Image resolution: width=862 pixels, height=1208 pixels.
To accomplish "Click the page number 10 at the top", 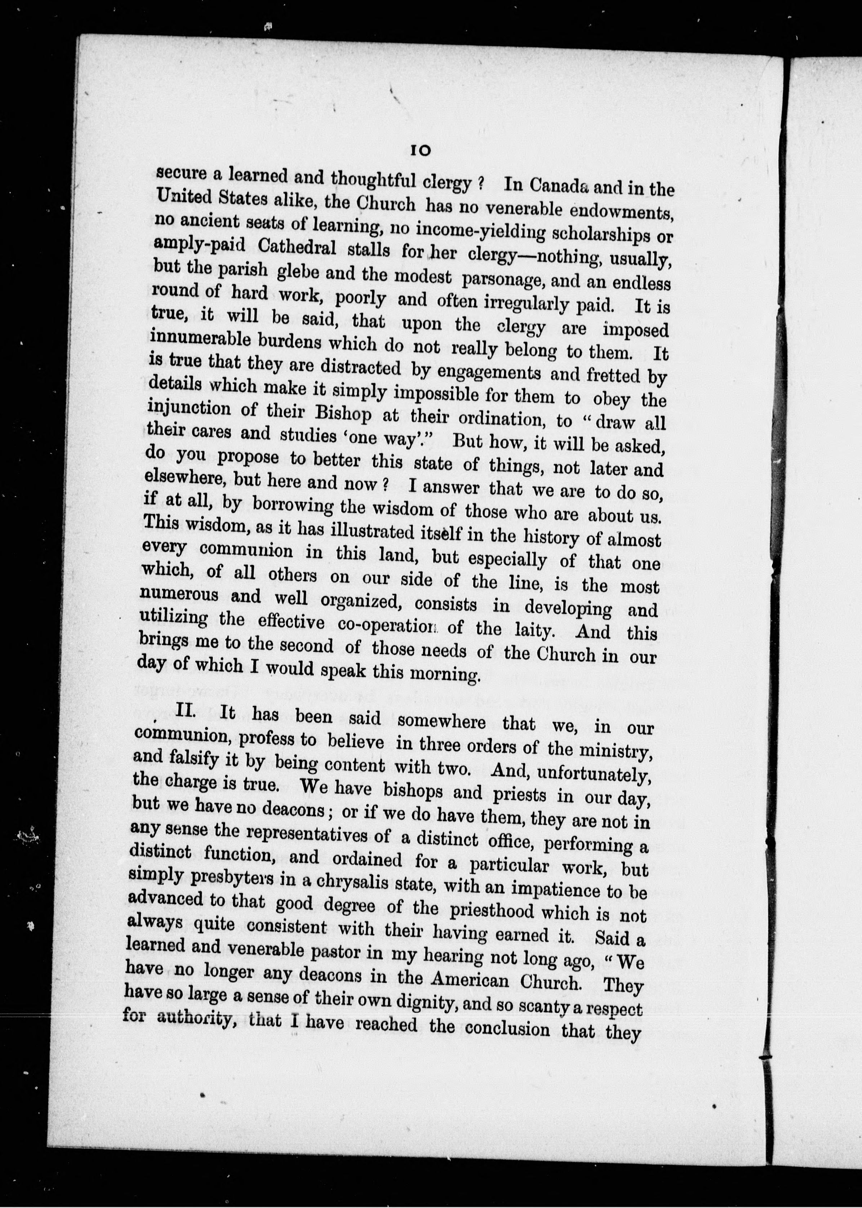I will click(x=420, y=151).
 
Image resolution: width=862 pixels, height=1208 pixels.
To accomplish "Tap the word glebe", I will click(x=297, y=272).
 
